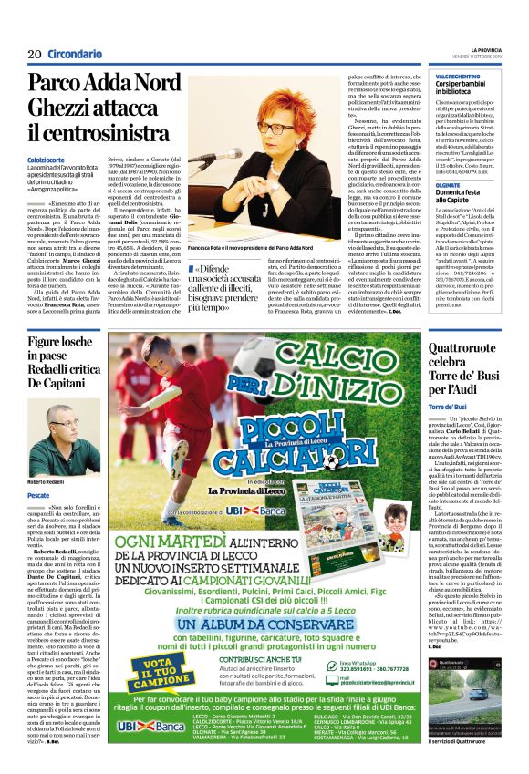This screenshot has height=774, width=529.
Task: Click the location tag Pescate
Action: point(39,494)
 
